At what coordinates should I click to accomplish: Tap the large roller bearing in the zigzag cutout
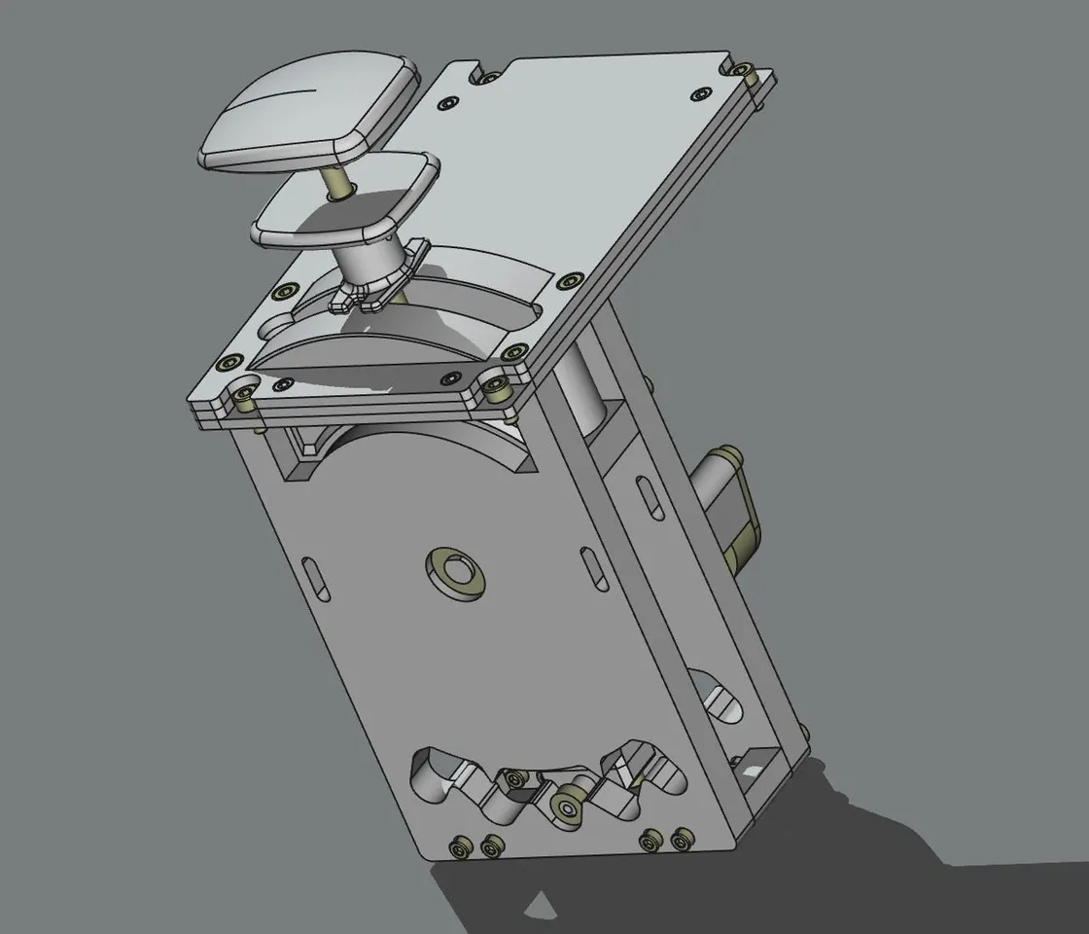tap(565, 805)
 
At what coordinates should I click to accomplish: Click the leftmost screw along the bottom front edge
tap(460, 849)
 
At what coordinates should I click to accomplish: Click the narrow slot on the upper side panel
tap(644, 496)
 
